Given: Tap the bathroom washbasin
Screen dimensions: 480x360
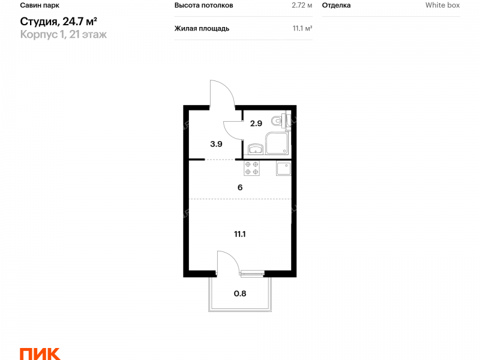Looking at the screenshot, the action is [x=256, y=149].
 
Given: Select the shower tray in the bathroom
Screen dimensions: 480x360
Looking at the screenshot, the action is [x=277, y=143].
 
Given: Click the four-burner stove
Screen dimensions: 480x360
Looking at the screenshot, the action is [x=251, y=168].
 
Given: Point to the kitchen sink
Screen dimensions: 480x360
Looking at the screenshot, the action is [x=283, y=169].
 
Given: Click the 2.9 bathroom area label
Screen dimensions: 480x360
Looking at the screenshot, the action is [x=256, y=124].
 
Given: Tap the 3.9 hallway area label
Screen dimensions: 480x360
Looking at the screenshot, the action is [x=216, y=144].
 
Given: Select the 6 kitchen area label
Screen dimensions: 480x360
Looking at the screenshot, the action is [x=240, y=187].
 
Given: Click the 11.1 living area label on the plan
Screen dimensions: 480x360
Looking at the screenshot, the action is [x=240, y=234].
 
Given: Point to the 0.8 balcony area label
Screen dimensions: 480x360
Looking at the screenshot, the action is [x=240, y=293].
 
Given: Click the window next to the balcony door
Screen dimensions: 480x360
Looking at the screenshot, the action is [x=252, y=274].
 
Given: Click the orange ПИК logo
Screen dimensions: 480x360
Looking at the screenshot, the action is [x=40, y=354].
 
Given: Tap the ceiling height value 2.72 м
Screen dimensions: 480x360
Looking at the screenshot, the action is [x=302, y=5].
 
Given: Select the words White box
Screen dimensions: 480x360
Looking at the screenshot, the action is [x=442, y=5].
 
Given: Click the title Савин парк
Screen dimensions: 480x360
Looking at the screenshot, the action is [x=40, y=5].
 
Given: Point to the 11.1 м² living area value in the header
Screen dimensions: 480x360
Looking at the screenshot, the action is [x=302, y=28].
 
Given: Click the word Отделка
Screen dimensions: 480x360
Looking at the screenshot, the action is [x=336, y=5].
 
